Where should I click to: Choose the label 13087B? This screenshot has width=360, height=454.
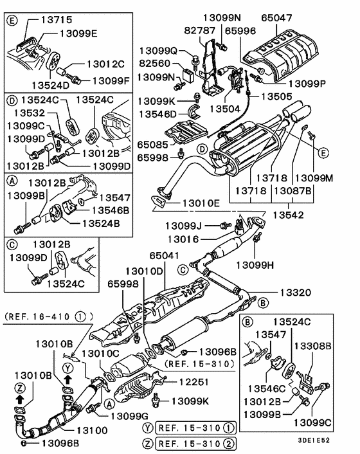coord(292,191)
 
